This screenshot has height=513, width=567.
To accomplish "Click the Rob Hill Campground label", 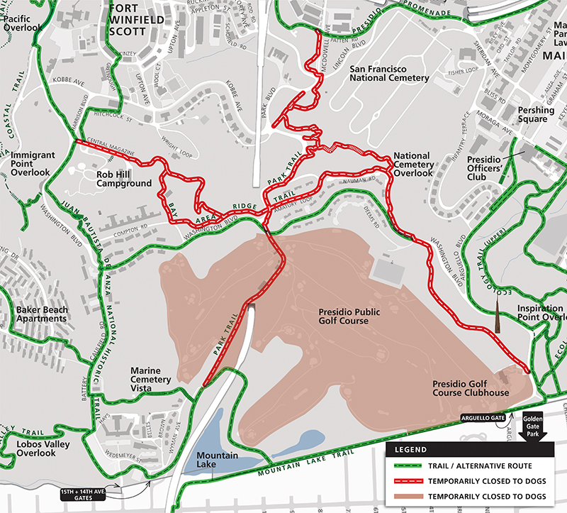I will (x=124, y=178).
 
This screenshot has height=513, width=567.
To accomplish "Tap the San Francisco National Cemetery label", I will (x=390, y=73).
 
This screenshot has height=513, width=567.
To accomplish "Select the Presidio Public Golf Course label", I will (x=344, y=316).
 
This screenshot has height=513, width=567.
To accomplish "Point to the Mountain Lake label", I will (x=216, y=460).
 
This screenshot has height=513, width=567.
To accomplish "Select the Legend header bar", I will (x=475, y=450).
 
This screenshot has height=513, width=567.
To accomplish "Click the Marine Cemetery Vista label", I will (x=151, y=375).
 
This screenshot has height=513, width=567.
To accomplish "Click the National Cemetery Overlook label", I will (x=412, y=164).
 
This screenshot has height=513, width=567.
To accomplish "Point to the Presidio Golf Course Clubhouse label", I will (x=471, y=388).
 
